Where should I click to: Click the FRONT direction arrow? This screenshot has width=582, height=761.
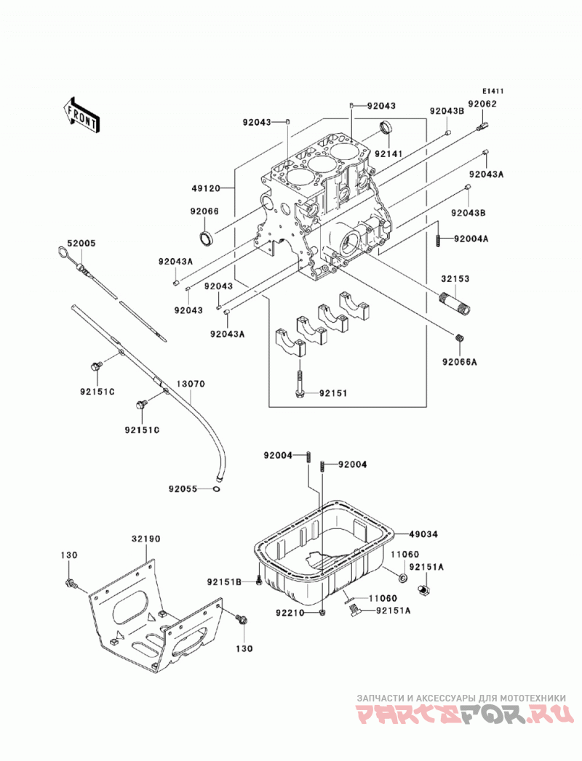(x=81, y=115)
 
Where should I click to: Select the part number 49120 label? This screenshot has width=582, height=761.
(x=204, y=188)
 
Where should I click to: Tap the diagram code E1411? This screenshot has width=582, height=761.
(x=493, y=92)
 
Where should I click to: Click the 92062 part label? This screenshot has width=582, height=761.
(x=482, y=103)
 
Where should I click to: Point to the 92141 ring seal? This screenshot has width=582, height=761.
(x=386, y=128)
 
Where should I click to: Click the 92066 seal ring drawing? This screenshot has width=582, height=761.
(x=206, y=238)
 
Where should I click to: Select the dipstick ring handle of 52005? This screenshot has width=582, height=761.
(x=63, y=252)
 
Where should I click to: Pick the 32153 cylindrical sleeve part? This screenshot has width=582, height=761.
(x=455, y=304)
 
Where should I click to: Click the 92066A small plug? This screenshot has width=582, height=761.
(x=461, y=338)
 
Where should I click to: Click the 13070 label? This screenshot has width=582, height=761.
(x=191, y=384)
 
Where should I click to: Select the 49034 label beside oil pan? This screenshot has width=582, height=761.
(x=423, y=534)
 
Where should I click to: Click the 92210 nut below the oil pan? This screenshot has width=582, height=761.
(x=322, y=613)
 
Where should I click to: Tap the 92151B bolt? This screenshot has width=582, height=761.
(x=258, y=579)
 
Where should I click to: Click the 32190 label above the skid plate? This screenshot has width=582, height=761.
(x=145, y=539)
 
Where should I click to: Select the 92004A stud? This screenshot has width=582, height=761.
(x=438, y=239)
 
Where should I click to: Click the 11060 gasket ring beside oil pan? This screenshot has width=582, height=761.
(x=403, y=578)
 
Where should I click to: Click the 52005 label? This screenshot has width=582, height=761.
(x=81, y=243)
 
